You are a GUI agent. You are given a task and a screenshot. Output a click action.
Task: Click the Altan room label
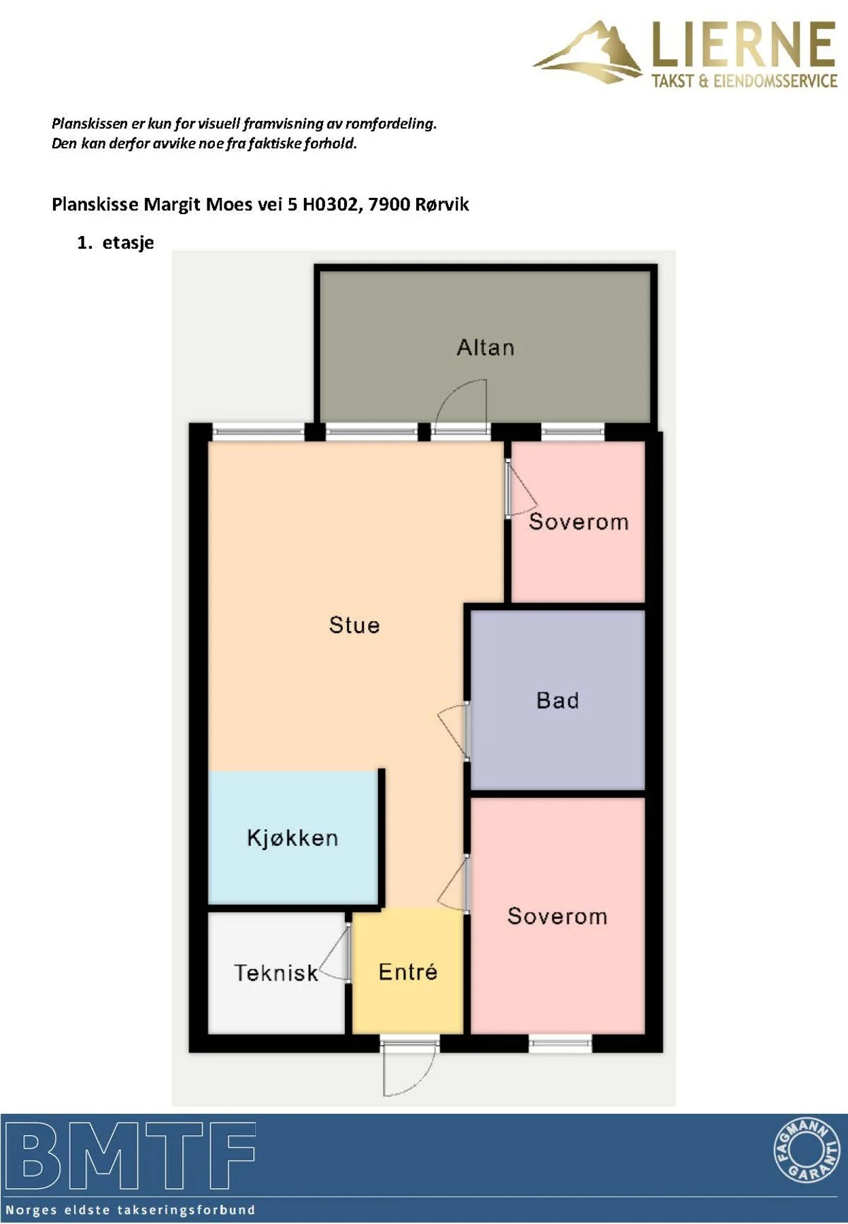pyautogui.click(x=485, y=347)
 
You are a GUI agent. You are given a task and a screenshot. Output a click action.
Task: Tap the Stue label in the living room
pyautogui.click(x=354, y=625)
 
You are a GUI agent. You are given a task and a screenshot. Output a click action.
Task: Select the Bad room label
pyautogui.click(x=558, y=700)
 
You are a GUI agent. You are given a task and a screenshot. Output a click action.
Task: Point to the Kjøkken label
pyautogui.click(x=292, y=838)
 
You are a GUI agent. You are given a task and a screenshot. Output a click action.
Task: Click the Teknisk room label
pyautogui.click(x=276, y=973)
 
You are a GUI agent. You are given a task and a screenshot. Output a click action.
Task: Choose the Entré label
pyautogui.click(x=408, y=972)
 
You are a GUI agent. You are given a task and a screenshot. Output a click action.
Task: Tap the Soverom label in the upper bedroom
pyautogui.click(x=579, y=522)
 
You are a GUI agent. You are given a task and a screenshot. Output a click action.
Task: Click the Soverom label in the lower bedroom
pyautogui.click(x=558, y=916)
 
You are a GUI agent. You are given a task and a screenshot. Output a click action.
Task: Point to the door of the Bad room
pyautogui.click(x=454, y=732)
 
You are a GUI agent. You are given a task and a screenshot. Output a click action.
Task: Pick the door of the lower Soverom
pyautogui.click(x=454, y=883)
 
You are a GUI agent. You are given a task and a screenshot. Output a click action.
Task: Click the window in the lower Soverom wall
pyautogui.click(x=560, y=1043)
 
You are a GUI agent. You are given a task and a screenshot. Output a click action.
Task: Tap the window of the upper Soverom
pyautogui.click(x=573, y=430)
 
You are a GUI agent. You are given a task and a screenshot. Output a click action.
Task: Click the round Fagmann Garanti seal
pyautogui.click(x=807, y=1151)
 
